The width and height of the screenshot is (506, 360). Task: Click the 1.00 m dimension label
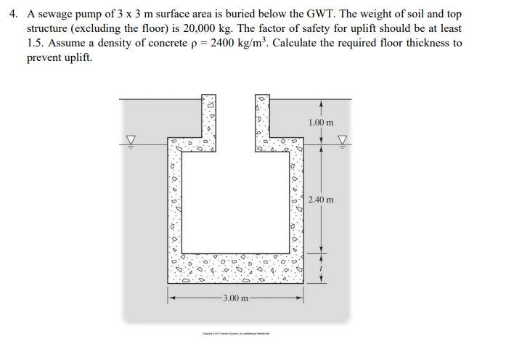click(321, 123)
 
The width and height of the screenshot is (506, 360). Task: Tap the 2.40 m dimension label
click(321, 200)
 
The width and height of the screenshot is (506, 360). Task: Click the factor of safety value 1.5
click(36, 43)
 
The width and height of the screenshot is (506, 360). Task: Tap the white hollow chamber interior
click(235, 203)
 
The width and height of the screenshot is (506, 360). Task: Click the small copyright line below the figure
click(235, 334)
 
